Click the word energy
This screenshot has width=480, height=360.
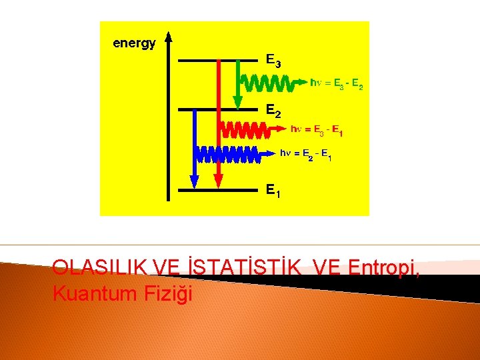pyautogui.click(x=134, y=43)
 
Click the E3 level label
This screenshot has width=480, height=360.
pyautogui.click(x=273, y=61)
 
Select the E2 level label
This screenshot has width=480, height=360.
pyautogui.click(x=273, y=111)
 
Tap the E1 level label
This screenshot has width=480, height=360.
pyautogui.click(x=273, y=191)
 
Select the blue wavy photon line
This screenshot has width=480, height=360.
pyautogui.click(x=227, y=153)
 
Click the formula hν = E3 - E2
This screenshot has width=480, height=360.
pyautogui.click(x=337, y=84)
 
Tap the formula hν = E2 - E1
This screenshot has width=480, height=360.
pyautogui.click(x=305, y=155)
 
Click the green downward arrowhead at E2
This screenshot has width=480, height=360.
pyautogui.click(x=237, y=102)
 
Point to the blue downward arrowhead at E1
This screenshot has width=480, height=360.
pyautogui.click(x=195, y=181)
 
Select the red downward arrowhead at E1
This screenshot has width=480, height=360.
pyautogui.click(x=218, y=181)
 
